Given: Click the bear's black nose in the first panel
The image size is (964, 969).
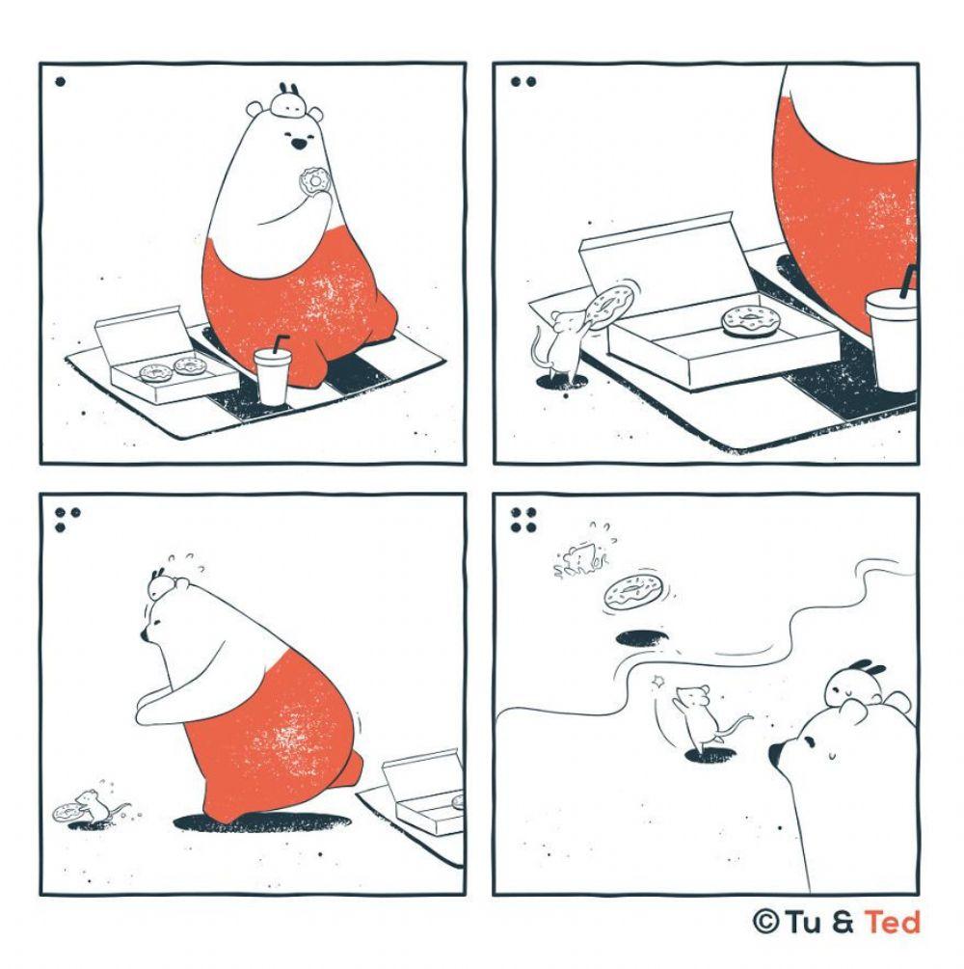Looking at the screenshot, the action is click(299, 145).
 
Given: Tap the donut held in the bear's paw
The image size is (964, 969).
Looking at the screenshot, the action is click(314, 180).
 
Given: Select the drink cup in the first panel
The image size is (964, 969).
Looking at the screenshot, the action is click(273, 372).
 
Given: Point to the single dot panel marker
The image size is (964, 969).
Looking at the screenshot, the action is click(60, 82).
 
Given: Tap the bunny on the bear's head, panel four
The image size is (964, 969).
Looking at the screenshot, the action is click(855, 686).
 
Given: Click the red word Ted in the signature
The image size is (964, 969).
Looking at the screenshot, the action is click(893, 922).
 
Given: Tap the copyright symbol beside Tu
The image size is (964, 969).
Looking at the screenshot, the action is click(765, 922).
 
